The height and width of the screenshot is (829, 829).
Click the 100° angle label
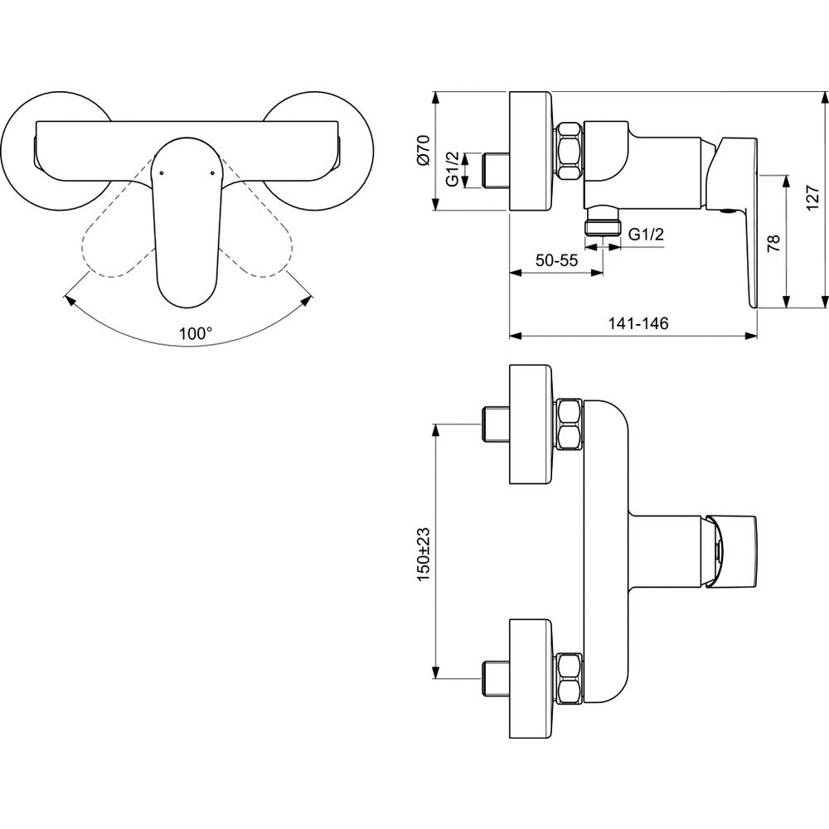click(x=195, y=333)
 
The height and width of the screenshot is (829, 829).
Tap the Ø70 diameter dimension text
click(x=424, y=151)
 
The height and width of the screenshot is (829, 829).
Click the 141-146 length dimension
click(x=638, y=322)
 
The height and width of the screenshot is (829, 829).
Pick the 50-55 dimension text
click(x=556, y=260)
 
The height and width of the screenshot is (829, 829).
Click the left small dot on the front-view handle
click(x=161, y=172)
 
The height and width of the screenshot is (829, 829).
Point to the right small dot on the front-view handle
click(x=212, y=172)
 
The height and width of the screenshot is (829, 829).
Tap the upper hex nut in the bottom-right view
click(x=570, y=424)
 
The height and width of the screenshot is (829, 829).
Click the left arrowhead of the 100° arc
click(x=68, y=300)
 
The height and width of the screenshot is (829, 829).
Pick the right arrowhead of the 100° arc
click(x=307, y=300)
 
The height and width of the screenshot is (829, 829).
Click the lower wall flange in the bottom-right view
click(x=531, y=678)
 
